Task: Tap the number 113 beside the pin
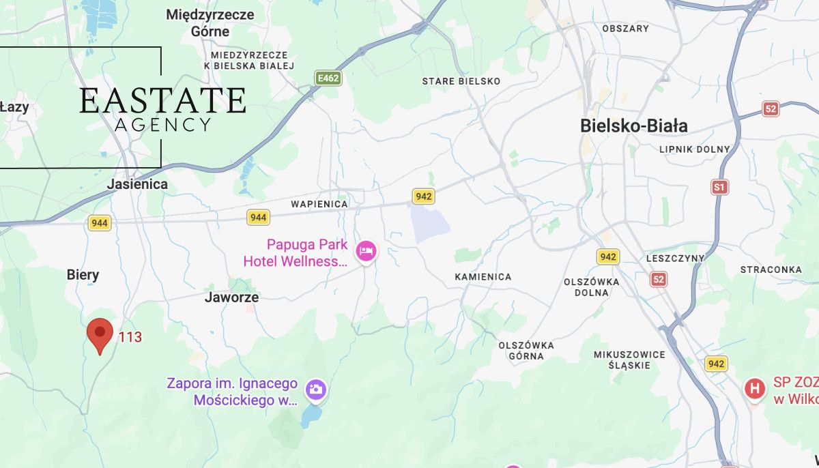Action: [x=130, y=337]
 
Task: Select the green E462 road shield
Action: [x=328, y=78]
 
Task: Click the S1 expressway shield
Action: [x=719, y=187]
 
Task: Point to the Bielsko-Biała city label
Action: [x=633, y=126]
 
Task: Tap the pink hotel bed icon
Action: [x=367, y=251]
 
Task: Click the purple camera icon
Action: [x=315, y=390]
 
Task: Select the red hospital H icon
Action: [x=754, y=389]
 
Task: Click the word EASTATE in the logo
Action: [x=162, y=101]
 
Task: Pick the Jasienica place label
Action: [x=137, y=184]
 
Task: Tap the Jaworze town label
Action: [x=231, y=297]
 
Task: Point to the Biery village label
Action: [x=83, y=275]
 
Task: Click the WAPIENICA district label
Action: [x=319, y=204]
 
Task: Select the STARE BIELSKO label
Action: [x=461, y=81]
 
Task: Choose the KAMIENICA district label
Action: [x=483, y=277]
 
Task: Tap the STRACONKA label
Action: [x=771, y=269]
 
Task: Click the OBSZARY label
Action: [x=625, y=29]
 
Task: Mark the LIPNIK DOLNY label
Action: [x=694, y=149]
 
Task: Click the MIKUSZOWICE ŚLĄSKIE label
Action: [x=629, y=360]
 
